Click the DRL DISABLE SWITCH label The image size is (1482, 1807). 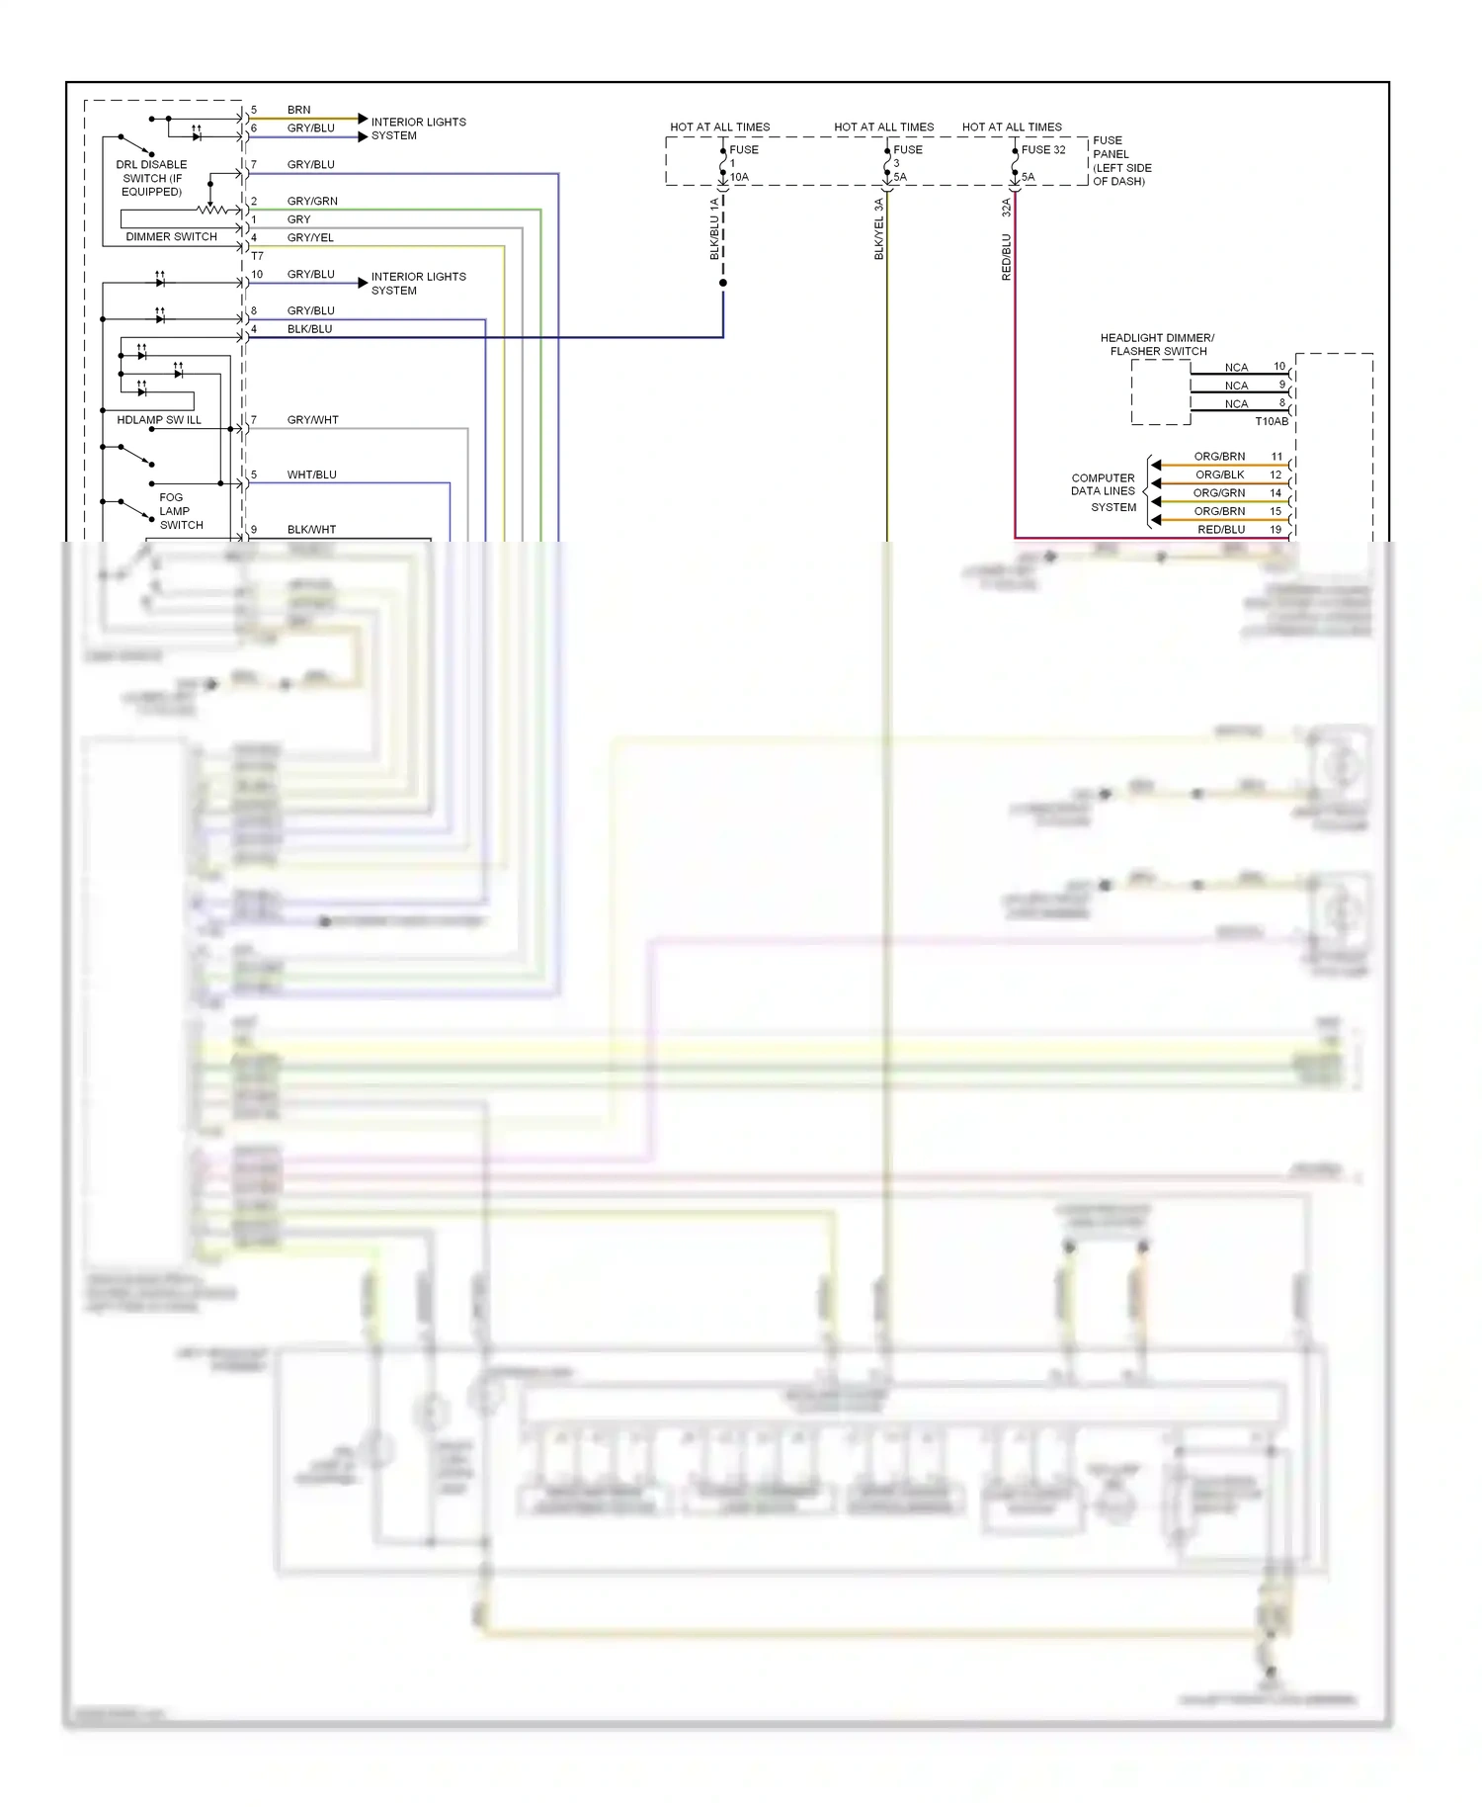(151, 178)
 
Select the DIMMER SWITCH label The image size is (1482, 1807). (171, 236)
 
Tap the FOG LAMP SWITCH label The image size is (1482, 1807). (180, 511)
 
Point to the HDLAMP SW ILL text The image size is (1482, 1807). (158, 420)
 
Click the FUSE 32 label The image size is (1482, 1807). (1043, 150)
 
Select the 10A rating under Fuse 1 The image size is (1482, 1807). (739, 177)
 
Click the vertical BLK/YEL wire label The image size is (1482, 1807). (878, 230)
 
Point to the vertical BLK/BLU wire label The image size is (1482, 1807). (714, 229)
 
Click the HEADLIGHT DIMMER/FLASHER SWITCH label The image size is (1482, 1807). (1158, 344)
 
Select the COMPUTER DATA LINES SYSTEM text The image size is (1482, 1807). (1104, 492)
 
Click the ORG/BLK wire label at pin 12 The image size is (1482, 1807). (1219, 474)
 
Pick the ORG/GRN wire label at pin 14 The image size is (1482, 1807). (1218, 492)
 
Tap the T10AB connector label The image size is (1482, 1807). (1272, 421)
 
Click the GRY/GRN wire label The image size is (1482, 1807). (312, 201)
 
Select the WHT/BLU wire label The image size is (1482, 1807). (312, 474)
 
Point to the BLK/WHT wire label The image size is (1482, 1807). (312, 530)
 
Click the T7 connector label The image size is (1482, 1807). (257, 256)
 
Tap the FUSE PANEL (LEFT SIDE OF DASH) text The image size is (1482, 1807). (1121, 161)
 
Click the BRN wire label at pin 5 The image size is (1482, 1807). (298, 110)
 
